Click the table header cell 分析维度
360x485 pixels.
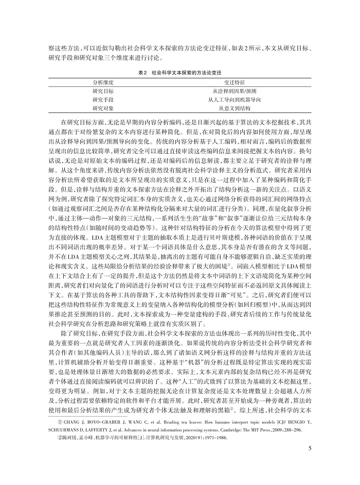[x=103, y=82]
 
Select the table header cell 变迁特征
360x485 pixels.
[x=235, y=82]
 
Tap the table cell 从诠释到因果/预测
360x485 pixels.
[x=235, y=91]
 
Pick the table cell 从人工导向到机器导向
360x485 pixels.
[x=235, y=99]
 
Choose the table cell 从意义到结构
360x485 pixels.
[x=235, y=108]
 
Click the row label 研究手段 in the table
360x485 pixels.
[x=103, y=99]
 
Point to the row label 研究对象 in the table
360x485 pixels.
[x=103, y=108]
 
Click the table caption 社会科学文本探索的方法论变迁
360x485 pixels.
[x=186, y=71]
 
